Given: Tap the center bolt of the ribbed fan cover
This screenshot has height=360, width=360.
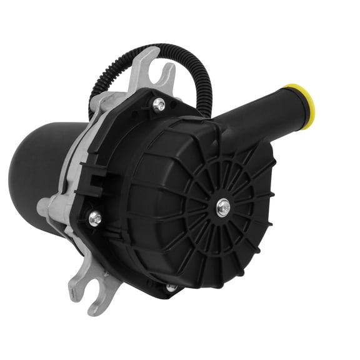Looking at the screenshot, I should pyautogui.click(x=223, y=207).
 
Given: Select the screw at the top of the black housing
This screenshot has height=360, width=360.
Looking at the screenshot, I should pyautogui.click(x=159, y=106).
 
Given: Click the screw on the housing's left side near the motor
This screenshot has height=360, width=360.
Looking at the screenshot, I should pyautogui.click(x=95, y=218).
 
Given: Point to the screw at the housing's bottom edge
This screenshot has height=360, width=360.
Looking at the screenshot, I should pyautogui.click(x=171, y=288).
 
